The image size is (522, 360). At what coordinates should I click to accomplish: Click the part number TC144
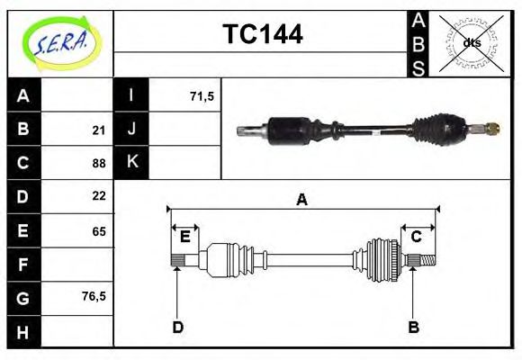[x=262, y=34]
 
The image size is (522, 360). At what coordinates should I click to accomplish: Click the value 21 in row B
[x=99, y=130]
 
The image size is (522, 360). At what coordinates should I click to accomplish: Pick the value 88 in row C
[x=99, y=163]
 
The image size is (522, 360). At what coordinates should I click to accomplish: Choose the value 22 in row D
[x=99, y=196]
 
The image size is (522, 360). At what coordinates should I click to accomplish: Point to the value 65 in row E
[x=99, y=231]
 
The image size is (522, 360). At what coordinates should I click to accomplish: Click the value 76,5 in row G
[x=94, y=296]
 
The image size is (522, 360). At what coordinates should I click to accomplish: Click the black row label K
[x=131, y=163]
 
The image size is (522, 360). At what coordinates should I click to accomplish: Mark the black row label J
[x=131, y=130]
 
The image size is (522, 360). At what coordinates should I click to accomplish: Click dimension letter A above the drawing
[x=302, y=200]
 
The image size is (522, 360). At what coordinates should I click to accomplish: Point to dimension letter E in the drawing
[x=185, y=237]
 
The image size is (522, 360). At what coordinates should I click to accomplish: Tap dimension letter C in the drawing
[x=417, y=237]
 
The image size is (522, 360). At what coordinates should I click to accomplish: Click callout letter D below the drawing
[x=177, y=328]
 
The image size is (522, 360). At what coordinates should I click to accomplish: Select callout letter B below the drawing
[x=414, y=328]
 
